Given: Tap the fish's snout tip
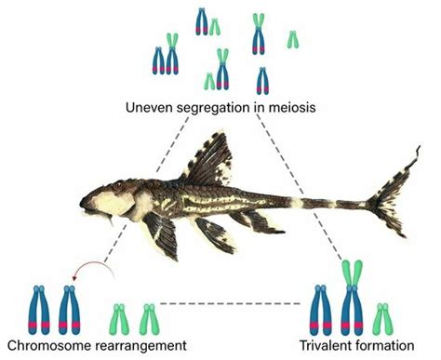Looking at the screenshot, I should coord(82,201).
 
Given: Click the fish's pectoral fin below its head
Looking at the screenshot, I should coord(163,237).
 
